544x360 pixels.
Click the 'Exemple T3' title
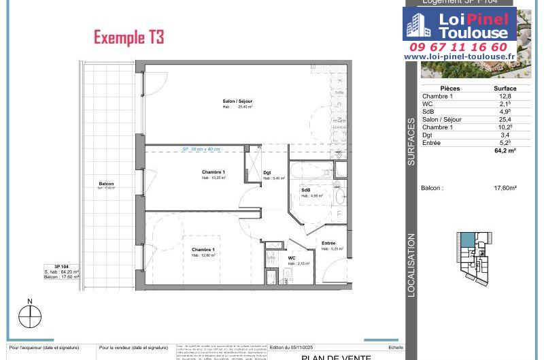pyautogui.click(x=129, y=37)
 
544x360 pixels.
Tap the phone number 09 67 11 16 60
pyautogui.click(x=458, y=47)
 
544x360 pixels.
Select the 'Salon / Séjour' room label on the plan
pyautogui.click(x=237, y=101)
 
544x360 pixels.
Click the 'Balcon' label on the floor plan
pyautogui.click(x=106, y=184)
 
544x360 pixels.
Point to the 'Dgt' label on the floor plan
pyautogui.click(x=267, y=173)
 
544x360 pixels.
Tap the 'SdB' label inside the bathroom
pyautogui.click(x=306, y=190)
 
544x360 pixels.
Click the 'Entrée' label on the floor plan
pyautogui.click(x=328, y=243)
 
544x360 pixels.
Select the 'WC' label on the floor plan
pyautogui.click(x=291, y=258)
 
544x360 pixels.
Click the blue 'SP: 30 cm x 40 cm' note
pyautogui.click(x=201, y=149)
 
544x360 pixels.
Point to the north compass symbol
pyautogui.click(x=30, y=316)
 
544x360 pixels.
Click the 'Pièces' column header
pyautogui.click(x=449, y=88)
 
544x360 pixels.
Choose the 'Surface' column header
pyautogui.click(x=505, y=88)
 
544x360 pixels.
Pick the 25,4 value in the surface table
pyautogui.click(x=505, y=120)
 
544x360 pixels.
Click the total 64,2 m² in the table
pyautogui.click(x=505, y=151)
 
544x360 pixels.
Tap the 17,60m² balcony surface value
pyautogui.click(x=505, y=188)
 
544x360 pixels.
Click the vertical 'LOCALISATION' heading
pyautogui.click(x=411, y=265)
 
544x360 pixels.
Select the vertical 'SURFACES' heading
pyautogui.click(x=411, y=142)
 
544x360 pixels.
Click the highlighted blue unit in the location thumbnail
pyautogui.click(x=468, y=240)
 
